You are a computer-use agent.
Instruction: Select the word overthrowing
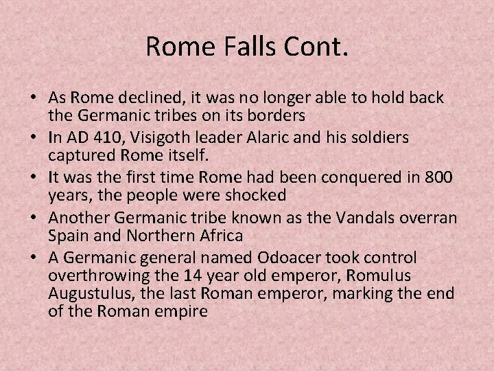click(94, 275)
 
